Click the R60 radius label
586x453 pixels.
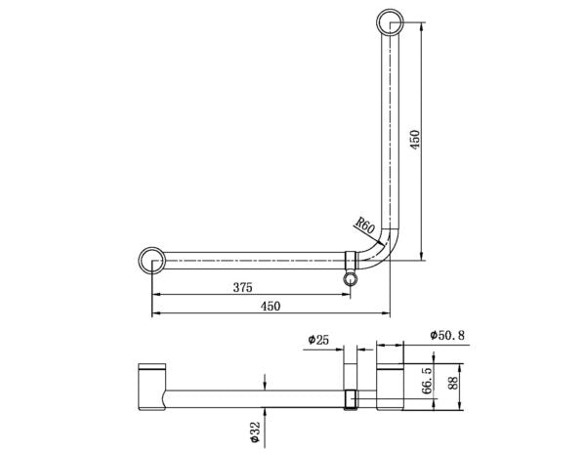pos(365,227)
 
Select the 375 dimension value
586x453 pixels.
pos(243,287)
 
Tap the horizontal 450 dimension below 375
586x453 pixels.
pos(270,307)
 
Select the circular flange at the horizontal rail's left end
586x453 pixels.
pos(152,260)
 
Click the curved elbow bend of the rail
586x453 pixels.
pos(383,250)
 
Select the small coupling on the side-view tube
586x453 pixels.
pos(354,398)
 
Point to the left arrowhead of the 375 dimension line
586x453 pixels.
pos(155,297)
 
